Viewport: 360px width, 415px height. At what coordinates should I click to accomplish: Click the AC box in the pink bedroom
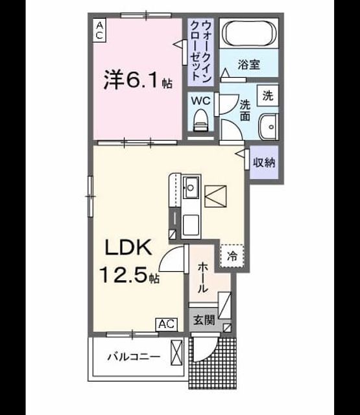click(99, 30)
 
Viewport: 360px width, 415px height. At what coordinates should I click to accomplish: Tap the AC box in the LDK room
click(167, 324)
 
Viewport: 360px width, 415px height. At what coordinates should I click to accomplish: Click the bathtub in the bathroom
click(249, 33)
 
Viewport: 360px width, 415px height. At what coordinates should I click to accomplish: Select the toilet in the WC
click(200, 121)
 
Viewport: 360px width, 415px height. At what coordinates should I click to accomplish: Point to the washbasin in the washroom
click(269, 127)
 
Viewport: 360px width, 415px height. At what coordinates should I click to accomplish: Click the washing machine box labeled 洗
click(268, 95)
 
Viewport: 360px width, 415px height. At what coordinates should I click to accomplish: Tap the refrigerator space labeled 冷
click(232, 255)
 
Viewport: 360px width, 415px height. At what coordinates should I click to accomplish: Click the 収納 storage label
click(264, 162)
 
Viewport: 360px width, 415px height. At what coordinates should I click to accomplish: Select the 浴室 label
click(249, 64)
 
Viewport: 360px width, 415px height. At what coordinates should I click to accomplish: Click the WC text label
click(200, 101)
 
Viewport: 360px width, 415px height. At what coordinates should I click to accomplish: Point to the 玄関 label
click(204, 320)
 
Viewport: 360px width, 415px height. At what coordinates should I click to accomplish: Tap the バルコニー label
click(134, 357)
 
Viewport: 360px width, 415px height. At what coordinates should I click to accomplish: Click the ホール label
click(203, 277)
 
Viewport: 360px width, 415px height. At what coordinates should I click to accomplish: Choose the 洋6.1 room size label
click(138, 79)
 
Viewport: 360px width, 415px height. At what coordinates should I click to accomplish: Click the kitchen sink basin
click(191, 187)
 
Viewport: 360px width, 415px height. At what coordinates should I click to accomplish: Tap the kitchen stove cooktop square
click(191, 225)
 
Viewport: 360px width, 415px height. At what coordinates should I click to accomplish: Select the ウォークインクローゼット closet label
click(201, 51)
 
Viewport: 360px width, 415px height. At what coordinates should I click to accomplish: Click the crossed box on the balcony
click(176, 353)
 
